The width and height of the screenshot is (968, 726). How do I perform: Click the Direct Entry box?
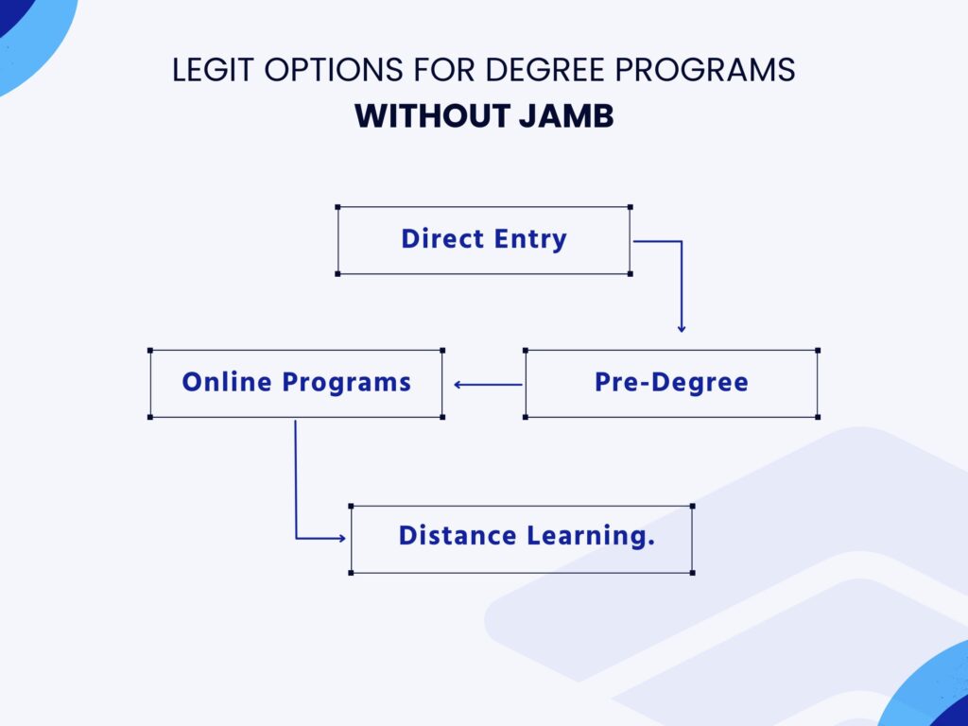pos(484,240)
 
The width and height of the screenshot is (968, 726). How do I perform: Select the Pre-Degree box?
pos(671,384)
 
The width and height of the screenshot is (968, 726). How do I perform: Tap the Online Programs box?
pos(296,384)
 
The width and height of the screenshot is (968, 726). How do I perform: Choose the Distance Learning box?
pos(521,539)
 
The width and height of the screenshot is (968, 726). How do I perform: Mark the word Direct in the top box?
pos(436,239)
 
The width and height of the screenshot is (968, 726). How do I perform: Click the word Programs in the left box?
pos(347,384)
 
